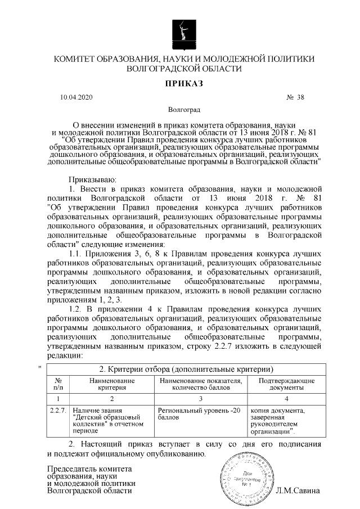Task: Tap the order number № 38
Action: (295, 97)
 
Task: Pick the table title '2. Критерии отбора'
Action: (186, 370)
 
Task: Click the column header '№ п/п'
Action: (58, 384)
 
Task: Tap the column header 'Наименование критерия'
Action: (112, 384)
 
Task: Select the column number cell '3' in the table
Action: (201, 398)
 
